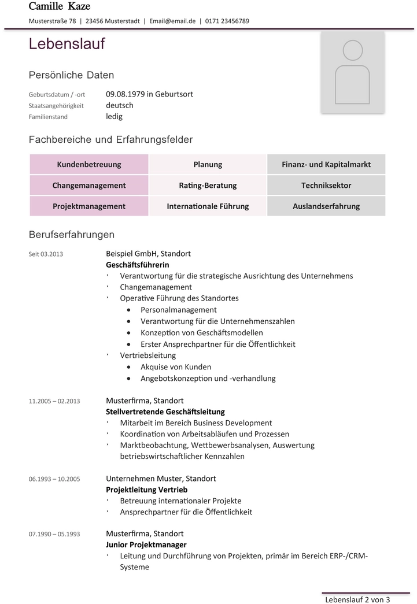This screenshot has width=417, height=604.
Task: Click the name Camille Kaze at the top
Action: pyautogui.click(x=60, y=6)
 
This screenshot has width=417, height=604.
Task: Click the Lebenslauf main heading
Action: pyautogui.click(x=67, y=44)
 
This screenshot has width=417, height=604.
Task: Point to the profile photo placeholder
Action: pyautogui.click(x=352, y=72)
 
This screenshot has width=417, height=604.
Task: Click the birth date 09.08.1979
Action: pyautogui.click(x=125, y=94)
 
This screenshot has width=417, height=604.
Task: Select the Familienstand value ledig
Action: pyautogui.click(x=114, y=116)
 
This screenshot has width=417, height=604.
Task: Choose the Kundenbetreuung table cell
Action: pyautogui.click(x=89, y=164)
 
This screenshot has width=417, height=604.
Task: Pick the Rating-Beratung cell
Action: pyautogui.click(x=208, y=186)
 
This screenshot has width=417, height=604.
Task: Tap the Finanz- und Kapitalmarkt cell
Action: pyautogui.click(x=326, y=164)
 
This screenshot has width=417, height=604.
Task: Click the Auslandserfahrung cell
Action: pyautogui.click(x=326, y=206)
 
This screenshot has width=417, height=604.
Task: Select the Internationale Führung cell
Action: pyautogui.click(x=208, y=206)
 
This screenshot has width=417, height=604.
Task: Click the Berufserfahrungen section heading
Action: pyautogui.click(x=72, y=235)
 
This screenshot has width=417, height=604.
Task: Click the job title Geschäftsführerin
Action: pyautogui.click(x=138, y=264)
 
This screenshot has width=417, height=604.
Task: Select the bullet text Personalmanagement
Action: pyautogui.click(x=179, y=310)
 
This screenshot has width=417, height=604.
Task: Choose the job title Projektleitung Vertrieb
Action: pyautogui.click(x=147, y=490)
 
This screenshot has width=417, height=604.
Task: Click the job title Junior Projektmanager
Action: pyautogui.click(x=146, y=544)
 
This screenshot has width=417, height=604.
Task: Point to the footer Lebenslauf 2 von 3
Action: pyautogui.click(x=357, y=599)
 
